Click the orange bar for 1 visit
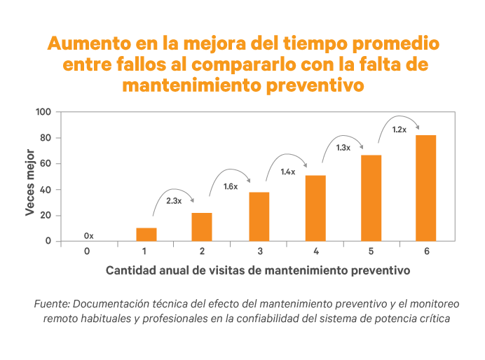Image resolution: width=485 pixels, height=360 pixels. click(x=146, y=234)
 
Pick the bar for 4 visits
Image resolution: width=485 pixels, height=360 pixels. click(x=315, y=208)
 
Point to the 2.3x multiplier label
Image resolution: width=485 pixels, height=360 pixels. click(x=174, y=201)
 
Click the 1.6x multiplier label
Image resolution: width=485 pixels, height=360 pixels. click(x=231, y=186)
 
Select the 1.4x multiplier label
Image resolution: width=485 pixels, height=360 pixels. click(x=287, y=172)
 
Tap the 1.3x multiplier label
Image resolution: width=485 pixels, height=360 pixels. click(x=343, y=148)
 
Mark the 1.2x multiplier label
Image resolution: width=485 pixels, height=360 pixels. click(x=399, y=130)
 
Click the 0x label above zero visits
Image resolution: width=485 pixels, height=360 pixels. click(x=88, y=235)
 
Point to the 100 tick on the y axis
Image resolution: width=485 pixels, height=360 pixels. click(x=43, y=112)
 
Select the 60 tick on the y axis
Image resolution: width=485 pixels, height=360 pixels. click(x=46, y=164)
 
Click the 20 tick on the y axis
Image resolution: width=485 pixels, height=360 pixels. click(x=46, y=216)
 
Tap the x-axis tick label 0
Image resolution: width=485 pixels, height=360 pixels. click(x=88, y=251)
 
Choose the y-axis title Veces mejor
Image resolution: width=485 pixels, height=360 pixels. click(x=30, y=181)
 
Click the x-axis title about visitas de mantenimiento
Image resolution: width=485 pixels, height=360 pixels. click(x=257, y=269)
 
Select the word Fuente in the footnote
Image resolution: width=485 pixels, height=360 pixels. click(x=50, y=305)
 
